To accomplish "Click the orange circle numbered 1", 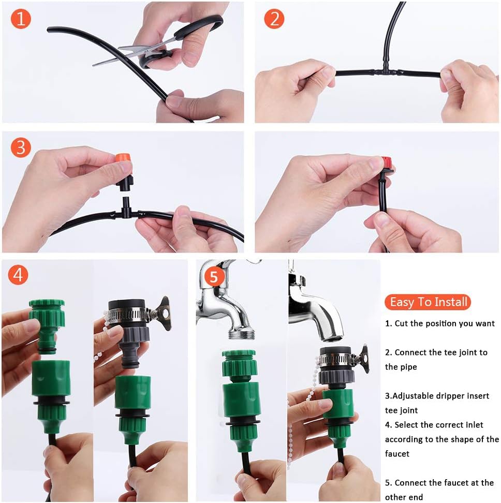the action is tap(21, 19).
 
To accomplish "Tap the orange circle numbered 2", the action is tap(274, 19).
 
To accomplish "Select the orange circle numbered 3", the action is tap(21, 148).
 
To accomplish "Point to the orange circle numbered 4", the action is tap(18, 275).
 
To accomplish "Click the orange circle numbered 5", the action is tap(214, 276).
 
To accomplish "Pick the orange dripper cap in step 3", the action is tap(123, 158).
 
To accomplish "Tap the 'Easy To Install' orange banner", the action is tap(428, 302).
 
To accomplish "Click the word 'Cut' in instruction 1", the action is tap(401, 323).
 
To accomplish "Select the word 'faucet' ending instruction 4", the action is tap(397, 454).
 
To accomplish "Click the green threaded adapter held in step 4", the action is tap(48, 326).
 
